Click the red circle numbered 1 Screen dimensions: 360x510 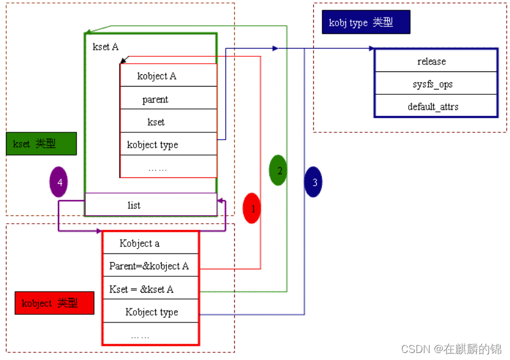coord(251,208)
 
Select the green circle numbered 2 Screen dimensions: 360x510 coord(278,170)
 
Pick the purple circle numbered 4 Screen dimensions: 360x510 coord(59,182)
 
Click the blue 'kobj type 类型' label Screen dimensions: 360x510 coord(365,23)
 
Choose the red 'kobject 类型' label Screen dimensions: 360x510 coord(54,303)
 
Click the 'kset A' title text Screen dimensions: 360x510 coord(105,47)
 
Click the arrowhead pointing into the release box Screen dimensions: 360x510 coord(370,49)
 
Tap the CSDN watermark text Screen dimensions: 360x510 coord(451,349)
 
